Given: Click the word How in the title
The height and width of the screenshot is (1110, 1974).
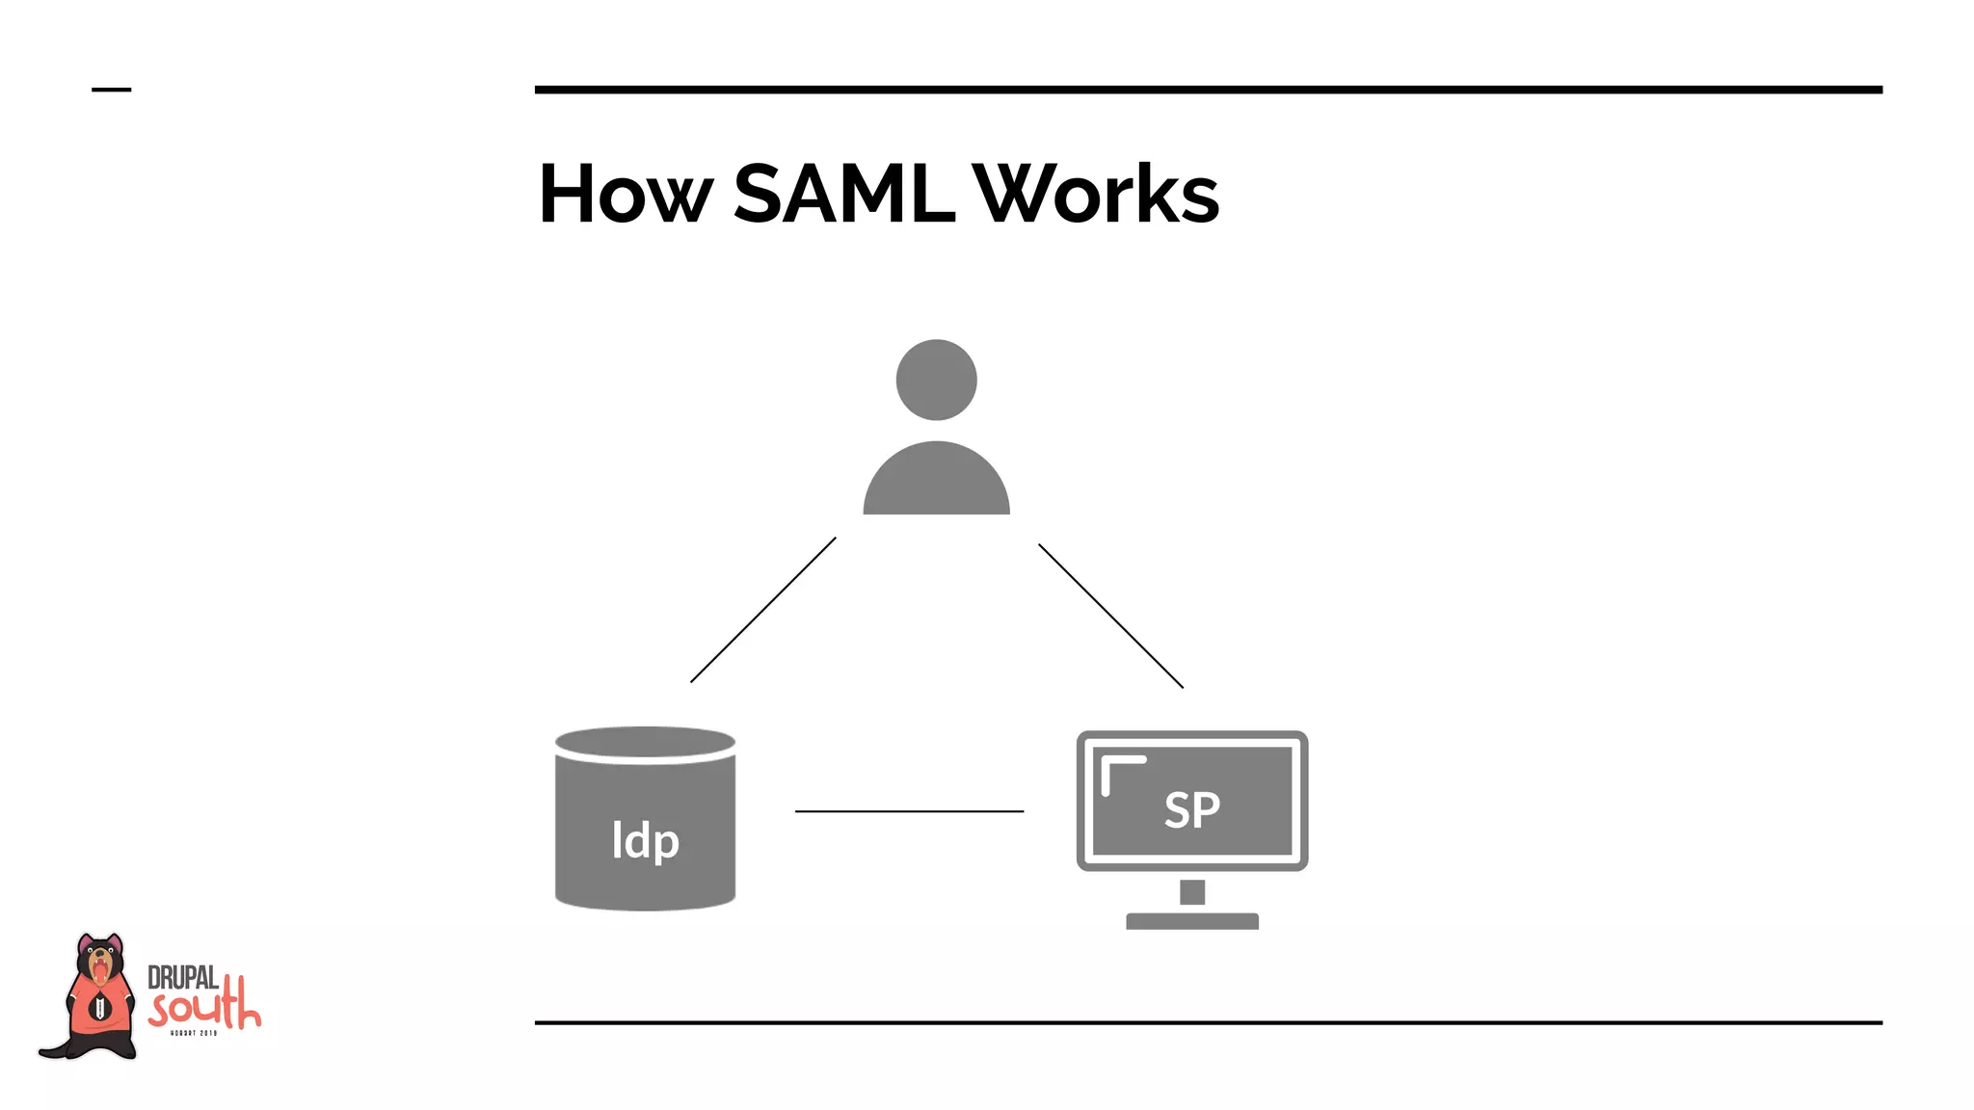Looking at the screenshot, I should (x=625, y=195).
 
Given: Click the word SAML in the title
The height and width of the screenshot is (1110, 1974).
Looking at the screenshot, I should (x=843, y=195).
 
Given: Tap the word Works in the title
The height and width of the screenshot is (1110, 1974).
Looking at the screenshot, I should (x=1096, y=195).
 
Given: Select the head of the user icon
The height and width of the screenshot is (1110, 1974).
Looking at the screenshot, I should (x=936, y=380).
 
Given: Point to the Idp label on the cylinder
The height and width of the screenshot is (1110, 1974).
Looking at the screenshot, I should (x=645, y=840).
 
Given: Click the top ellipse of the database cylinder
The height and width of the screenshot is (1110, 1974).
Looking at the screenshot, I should (x=645, y=742).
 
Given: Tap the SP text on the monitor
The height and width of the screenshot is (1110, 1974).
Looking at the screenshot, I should (x=1191, y=809).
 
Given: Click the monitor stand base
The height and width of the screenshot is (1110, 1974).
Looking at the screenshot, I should (x=1191, y=921).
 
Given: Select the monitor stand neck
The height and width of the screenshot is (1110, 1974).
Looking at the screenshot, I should (x=1192, y=892).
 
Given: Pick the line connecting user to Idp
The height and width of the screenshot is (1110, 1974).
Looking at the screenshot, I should (x=762, y=610).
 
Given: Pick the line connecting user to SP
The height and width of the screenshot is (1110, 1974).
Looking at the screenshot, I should (x=1110, y=616).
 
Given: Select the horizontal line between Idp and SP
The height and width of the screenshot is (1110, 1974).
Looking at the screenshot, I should (x=908, y=811).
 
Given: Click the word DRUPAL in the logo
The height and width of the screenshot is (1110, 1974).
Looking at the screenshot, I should (x=182, y=978).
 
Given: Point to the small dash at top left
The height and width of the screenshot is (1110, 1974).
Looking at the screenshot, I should (x=111, y=90).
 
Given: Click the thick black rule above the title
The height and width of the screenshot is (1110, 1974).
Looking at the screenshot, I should (x=1207, y=90).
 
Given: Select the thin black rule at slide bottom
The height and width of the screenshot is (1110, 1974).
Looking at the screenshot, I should (x=1207, y=1022).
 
